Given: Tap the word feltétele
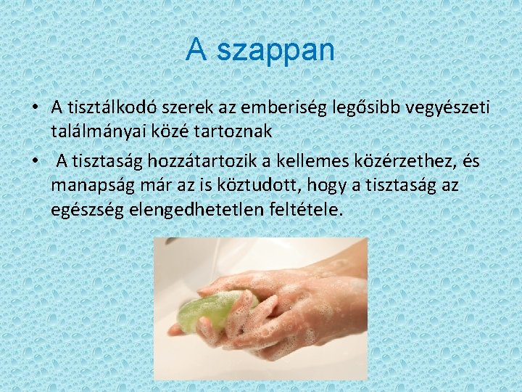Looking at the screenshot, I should point(303,210).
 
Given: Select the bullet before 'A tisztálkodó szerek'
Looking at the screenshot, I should point(35,107).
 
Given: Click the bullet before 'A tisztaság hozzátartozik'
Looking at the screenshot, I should point(35,160).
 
